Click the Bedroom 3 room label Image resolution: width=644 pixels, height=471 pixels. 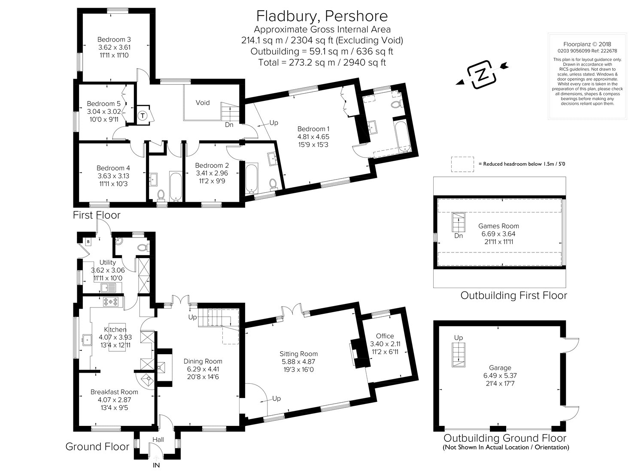coord(114,40)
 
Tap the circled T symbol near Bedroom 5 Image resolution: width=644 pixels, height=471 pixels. coord(142,116)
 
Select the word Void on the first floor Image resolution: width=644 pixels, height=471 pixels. coord(202,103)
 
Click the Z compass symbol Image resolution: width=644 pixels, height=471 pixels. coord(482,75)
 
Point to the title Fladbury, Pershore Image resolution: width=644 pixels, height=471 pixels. coord(322,16)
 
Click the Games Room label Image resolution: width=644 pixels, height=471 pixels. coord(498,226)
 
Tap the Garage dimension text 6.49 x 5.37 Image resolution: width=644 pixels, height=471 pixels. coord(500,376)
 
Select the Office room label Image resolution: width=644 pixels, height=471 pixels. coord(385,336)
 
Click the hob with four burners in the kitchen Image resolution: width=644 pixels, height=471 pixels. coord(111,301)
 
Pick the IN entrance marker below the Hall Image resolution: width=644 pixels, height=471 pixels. coord(156,465)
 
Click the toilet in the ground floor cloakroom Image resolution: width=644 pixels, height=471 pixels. coord(143,247)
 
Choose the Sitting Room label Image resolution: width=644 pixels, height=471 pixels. coord(299,354)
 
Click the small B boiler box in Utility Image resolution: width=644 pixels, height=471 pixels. coord(88,242)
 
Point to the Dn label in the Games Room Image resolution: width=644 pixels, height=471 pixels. coord(459,236)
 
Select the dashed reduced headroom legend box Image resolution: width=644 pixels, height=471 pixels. coord(462,164)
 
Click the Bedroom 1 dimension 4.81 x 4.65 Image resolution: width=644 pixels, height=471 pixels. coord(313,137)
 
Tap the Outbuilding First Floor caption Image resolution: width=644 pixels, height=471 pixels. coord(514,295)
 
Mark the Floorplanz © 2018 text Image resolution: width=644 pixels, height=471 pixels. coord(587,44)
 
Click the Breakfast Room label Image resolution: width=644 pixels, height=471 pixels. coord(114,392)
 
